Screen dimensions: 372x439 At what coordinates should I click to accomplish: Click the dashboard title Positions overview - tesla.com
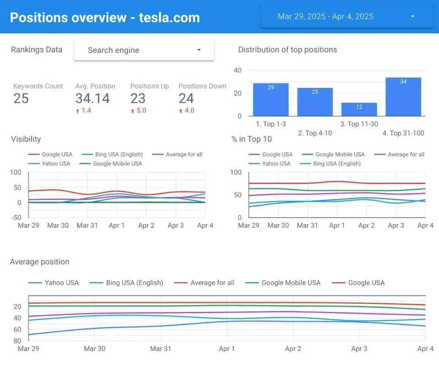(105, 18)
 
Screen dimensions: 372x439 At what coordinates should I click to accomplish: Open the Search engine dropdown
(144, 50)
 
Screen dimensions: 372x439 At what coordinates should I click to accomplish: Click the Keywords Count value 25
(21, 98)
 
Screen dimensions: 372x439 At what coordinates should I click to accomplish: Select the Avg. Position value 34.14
(92, 98)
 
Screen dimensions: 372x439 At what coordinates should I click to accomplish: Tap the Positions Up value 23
(138, 98)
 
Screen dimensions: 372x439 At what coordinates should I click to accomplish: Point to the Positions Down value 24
(186, 98)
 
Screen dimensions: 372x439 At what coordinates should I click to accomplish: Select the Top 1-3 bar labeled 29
(270, 99)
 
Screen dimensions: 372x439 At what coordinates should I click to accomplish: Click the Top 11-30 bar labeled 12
(359, 109)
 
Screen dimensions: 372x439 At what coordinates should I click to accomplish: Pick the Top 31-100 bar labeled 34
(403, 97)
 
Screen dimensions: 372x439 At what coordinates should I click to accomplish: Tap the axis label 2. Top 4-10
(315, 133)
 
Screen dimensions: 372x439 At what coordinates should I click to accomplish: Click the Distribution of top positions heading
(287, 50)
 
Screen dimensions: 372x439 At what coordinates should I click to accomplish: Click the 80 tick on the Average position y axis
(17, 341)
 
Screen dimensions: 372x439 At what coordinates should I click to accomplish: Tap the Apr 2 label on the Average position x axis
(293, 349)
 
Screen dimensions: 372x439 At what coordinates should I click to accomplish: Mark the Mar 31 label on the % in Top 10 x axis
(307, 225)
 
